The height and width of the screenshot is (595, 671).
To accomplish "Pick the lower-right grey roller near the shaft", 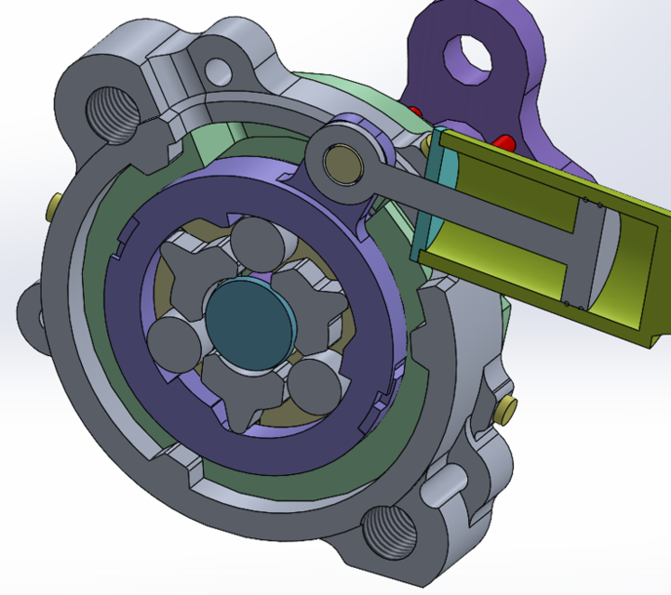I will pos(311,380).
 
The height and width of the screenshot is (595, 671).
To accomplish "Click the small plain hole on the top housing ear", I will pos(218,70).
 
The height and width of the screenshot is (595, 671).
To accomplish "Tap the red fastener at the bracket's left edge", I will pos(416,112).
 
